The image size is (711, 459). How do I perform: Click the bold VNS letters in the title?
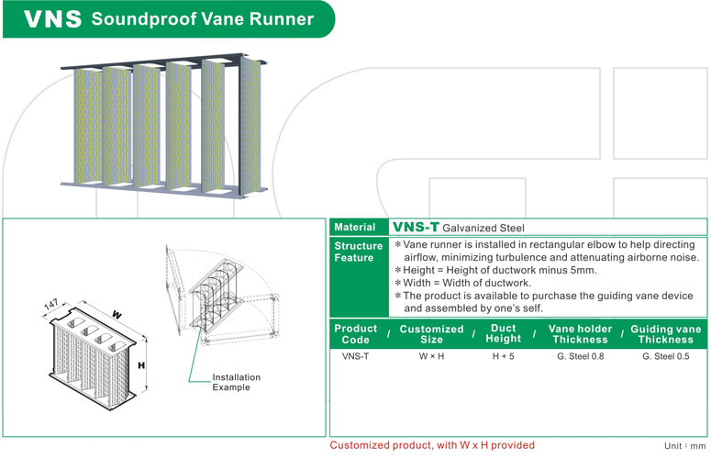point(50,19)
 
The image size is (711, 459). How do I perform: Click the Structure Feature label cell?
point(358,252)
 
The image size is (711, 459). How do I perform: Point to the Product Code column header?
point(355,334)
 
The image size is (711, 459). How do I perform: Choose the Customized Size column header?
point(431,334)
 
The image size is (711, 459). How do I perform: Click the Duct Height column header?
point(504,334)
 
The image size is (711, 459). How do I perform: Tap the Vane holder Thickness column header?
point(580,334)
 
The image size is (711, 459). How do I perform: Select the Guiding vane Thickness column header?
point(666,334)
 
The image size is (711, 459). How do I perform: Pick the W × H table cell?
point(431,356)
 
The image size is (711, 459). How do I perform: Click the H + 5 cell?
point(504,356)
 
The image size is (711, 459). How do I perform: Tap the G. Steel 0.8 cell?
point(580,356)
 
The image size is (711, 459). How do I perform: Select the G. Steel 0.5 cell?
point(666,356)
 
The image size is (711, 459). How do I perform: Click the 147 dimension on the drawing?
point(52,303)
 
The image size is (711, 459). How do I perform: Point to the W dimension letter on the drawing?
point(117,315)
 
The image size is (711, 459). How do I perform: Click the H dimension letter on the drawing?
point(141,365)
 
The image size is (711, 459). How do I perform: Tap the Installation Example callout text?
point(237,382)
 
